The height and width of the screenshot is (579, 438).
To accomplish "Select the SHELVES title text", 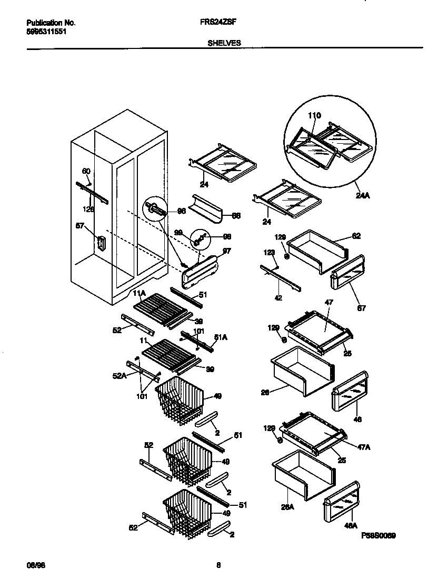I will pos(224,43).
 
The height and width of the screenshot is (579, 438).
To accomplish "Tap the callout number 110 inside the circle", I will pos(314,116).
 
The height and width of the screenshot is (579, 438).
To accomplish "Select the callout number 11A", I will pos(139,293).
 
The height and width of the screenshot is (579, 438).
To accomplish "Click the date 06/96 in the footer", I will pos(34,565).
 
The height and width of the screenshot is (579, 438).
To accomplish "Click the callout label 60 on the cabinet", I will pos(86,171).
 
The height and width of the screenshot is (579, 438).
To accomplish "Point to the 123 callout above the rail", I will pos(270,253).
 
